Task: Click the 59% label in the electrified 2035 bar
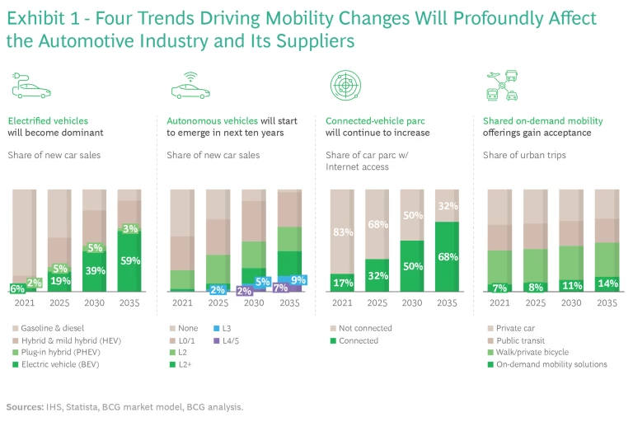click(129, 261)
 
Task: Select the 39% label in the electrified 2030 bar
click(94, 271)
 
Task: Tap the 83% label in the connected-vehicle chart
click(341, 233)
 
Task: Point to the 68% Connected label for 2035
click(448, 257)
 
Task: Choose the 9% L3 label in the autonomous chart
click(298, 280)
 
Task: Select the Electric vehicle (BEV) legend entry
click(57, 364)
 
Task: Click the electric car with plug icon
click(29, 86)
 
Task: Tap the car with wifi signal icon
click(190, 86)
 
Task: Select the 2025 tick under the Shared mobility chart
click(535, 302)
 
